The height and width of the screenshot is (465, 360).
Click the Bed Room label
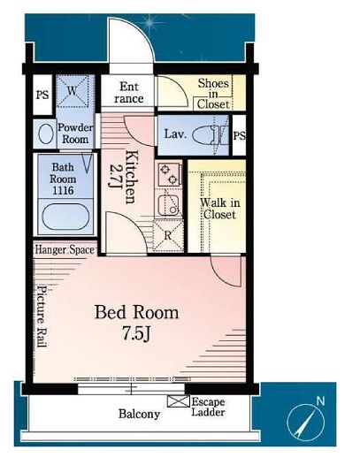pos(136,313)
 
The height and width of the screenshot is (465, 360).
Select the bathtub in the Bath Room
pos(65,217)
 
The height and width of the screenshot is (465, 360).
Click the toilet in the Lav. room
pos(211,135)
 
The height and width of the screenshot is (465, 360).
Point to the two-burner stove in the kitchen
pos(169,175)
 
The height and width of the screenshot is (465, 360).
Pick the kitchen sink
pos(168,205)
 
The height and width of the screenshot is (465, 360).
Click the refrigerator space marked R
pos(168,236)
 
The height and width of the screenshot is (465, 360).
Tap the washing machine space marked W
pos(73,91)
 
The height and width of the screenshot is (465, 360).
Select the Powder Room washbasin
pos(46,134)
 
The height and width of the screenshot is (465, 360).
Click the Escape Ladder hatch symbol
pos(178,401)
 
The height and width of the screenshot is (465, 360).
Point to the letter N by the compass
pos(320,401)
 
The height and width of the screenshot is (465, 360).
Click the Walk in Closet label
pos(220,209)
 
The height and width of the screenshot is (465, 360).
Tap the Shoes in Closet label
pos(214,94)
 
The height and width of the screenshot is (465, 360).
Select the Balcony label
pos(139,414)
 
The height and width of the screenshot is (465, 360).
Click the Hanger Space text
pos(65,249)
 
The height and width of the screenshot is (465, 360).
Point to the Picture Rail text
pos(42,316)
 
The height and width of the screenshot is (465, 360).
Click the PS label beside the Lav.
pos(239,135)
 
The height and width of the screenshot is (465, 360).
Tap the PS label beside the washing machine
pos(42,95)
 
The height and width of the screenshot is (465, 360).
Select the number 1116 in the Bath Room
pos(63,190)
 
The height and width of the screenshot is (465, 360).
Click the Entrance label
pos(129,93)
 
